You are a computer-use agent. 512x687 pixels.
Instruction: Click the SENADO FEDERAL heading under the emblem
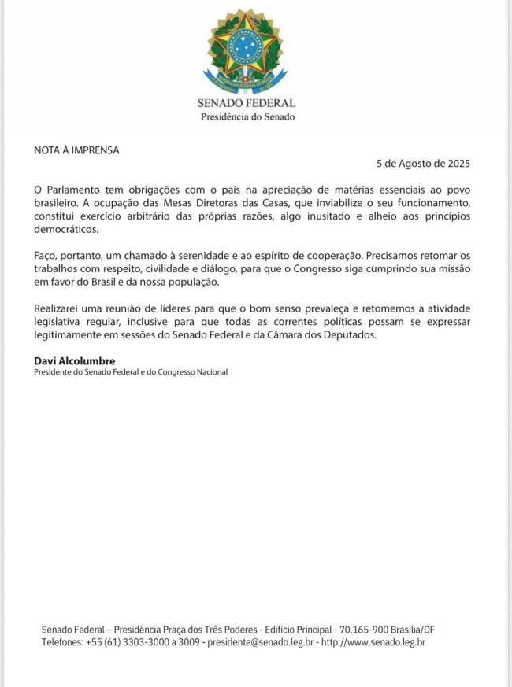pos(247,103)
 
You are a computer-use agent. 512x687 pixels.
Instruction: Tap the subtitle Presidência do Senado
pos(247,116)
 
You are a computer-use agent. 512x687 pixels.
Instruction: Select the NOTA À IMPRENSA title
pos(76,150)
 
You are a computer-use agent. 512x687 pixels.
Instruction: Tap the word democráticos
pos(67,230)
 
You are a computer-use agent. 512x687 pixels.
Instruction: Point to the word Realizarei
pos(60,310)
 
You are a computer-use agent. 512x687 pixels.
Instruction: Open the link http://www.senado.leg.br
pos(373,643)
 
